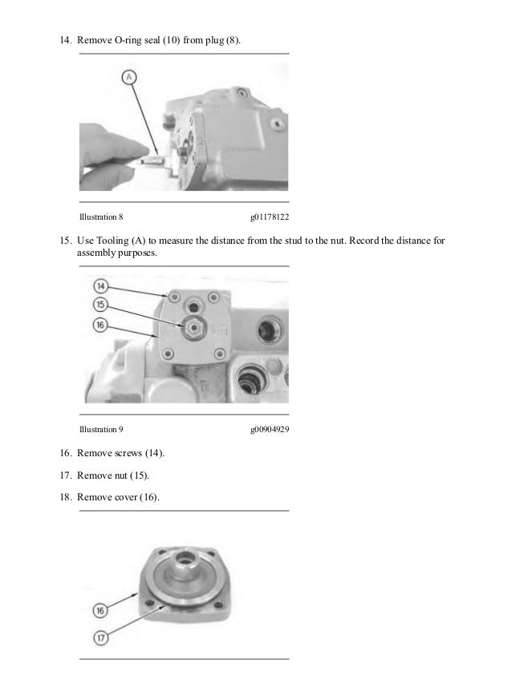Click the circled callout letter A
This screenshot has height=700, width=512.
129,78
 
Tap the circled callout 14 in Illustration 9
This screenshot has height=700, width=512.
100,285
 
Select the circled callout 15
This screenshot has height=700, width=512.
100,305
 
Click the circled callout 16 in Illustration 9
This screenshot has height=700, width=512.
100,325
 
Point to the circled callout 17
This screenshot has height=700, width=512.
100,638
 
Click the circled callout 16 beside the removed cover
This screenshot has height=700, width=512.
100,611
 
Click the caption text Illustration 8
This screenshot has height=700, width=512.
100,216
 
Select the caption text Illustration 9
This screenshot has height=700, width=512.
100,429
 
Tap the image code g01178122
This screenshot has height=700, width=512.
270,216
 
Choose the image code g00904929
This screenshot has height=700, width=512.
270,429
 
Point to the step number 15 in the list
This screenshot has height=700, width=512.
65,240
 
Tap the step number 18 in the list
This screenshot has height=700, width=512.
65,498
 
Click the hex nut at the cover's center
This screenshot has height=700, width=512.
193,326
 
